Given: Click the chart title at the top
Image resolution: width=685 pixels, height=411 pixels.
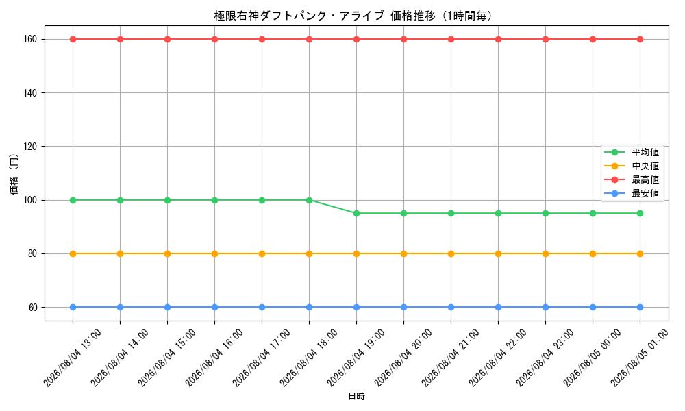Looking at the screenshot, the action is pyautogui.click(x=354, y=16).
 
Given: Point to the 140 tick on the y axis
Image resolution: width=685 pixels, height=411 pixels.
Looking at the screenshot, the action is pyautogui.click(x=30, y=93).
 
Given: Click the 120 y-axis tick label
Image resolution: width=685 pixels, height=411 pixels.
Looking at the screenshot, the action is pyautogui.click(x=30, y=147).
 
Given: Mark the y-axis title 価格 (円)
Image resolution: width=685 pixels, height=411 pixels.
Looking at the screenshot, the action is pyautogui.click(x=14, y=173).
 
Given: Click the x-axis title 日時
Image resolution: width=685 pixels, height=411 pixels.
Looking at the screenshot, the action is pyautogui.click(x=356, y=396).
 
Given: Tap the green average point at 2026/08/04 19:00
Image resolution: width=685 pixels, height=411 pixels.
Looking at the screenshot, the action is pyautogui.click(x=356, y=214).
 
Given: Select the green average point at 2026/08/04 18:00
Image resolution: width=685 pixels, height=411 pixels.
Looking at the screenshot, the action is pyautogui.click(x=310, y=200).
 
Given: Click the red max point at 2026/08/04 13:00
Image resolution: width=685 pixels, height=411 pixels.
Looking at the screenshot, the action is pyautogui.click(x=73, y=39).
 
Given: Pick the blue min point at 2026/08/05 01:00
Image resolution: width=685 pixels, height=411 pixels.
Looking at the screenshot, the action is pyautogui.click(x=640, y=307).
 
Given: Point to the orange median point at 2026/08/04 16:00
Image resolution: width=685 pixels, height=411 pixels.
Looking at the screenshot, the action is pyautogui.click(x=214, y=253).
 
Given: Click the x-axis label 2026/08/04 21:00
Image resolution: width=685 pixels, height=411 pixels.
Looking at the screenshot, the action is pyautogui.click(x=451, y=358).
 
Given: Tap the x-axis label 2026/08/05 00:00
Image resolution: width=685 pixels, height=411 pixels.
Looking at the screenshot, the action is pyautogui.click(x=592, y=358).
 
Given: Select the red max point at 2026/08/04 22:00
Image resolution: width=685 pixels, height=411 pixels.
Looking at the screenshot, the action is pyautogui.click(x=498, y=39).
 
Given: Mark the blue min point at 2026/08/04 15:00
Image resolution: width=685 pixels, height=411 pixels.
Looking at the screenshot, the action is pyautogui.click(x=167, y=307).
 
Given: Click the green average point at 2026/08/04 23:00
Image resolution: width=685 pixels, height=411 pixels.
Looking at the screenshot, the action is pyautogui.click(x=545, y=214).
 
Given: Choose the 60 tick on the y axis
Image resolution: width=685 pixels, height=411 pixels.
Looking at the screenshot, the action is pyautogui.click(x=33, y=308).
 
